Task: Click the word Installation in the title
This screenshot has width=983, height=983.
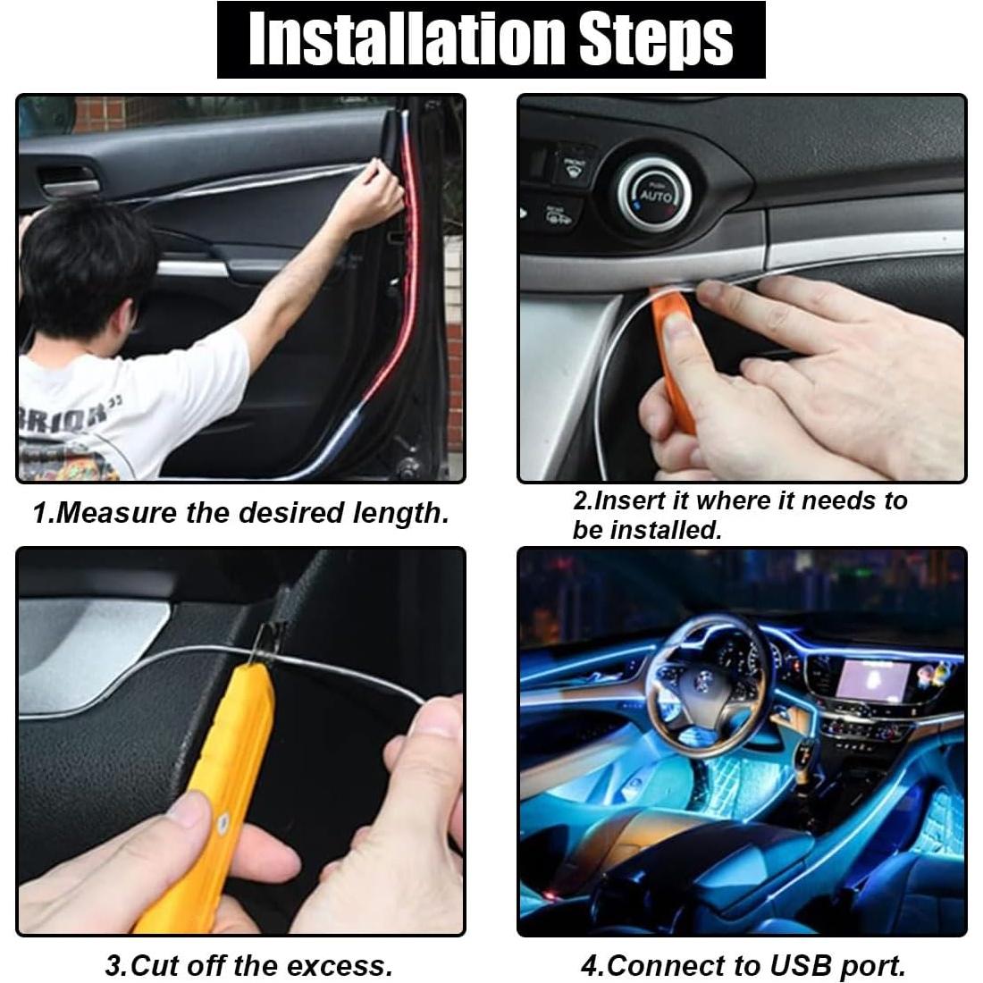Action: click(407, 39)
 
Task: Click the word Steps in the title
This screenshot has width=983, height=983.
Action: click(656, 39)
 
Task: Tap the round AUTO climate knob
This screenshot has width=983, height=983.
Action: click(651, 195)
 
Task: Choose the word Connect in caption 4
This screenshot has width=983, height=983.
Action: click(669, 965)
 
